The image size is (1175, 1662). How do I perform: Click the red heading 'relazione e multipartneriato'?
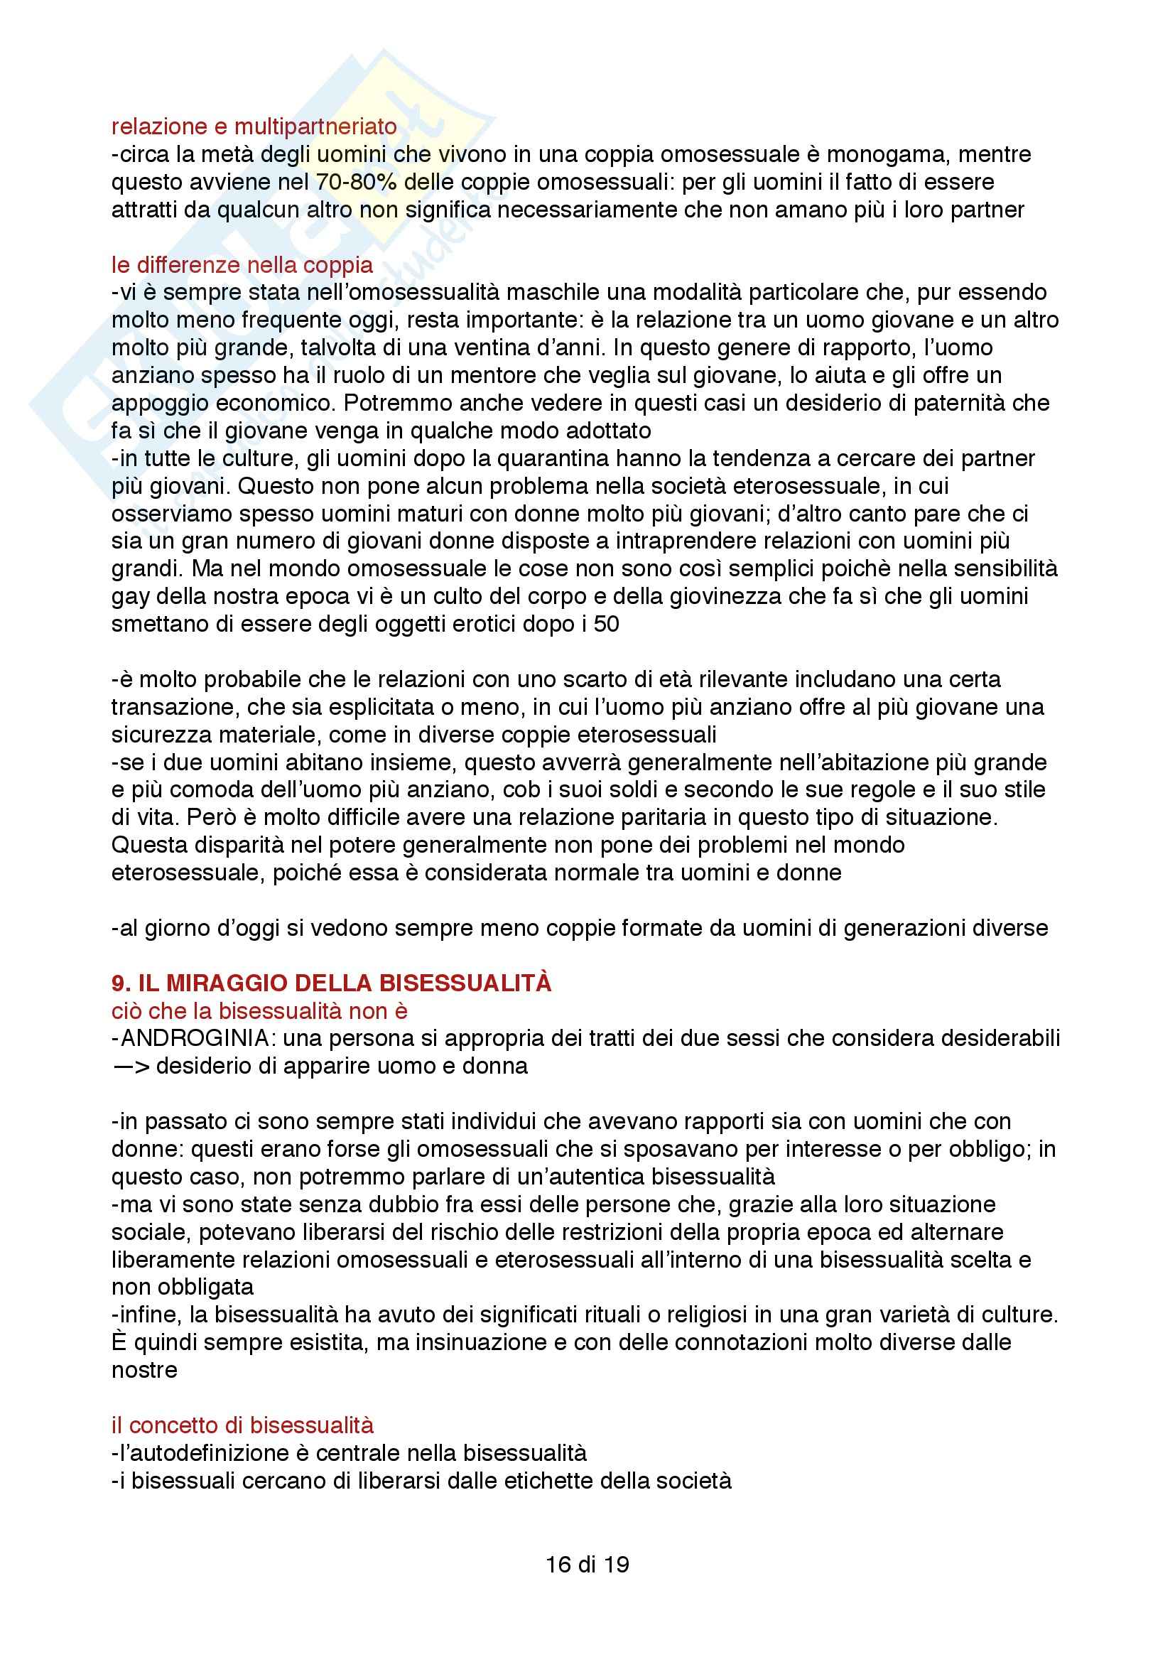point(254,126)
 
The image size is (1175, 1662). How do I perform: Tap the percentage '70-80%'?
point(356,182)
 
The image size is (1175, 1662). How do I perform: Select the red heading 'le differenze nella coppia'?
point(242,265)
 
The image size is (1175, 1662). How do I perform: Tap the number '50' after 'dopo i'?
point(606,624)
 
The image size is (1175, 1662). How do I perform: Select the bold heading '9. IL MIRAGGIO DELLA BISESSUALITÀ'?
point(331,982)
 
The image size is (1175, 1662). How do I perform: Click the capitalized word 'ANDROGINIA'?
point(195,1038)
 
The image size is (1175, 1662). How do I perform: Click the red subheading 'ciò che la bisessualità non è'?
point(260,1010)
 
